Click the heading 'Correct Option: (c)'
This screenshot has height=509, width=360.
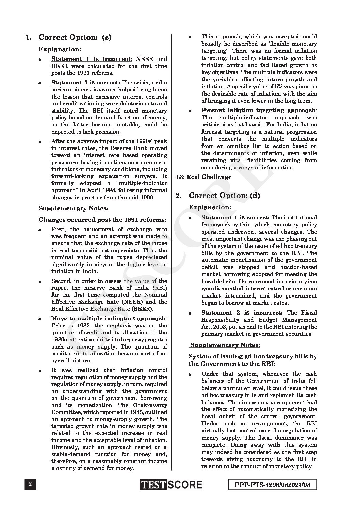click(x=75, y=37)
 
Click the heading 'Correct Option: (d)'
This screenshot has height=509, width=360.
click(x=225, y=196)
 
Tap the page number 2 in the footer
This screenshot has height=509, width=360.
click(x=30, y=485)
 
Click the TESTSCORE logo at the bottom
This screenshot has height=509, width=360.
click(x=171, y=485)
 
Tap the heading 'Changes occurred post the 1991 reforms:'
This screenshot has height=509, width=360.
click(x=102, y=220)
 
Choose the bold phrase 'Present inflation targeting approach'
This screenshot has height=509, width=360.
click(x=259, y=111)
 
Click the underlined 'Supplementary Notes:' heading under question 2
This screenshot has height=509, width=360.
click(x=225, y=345)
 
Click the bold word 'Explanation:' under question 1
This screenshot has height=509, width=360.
click(x=60, y=49)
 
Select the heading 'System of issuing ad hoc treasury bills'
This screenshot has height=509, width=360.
click(x=252, y=357)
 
